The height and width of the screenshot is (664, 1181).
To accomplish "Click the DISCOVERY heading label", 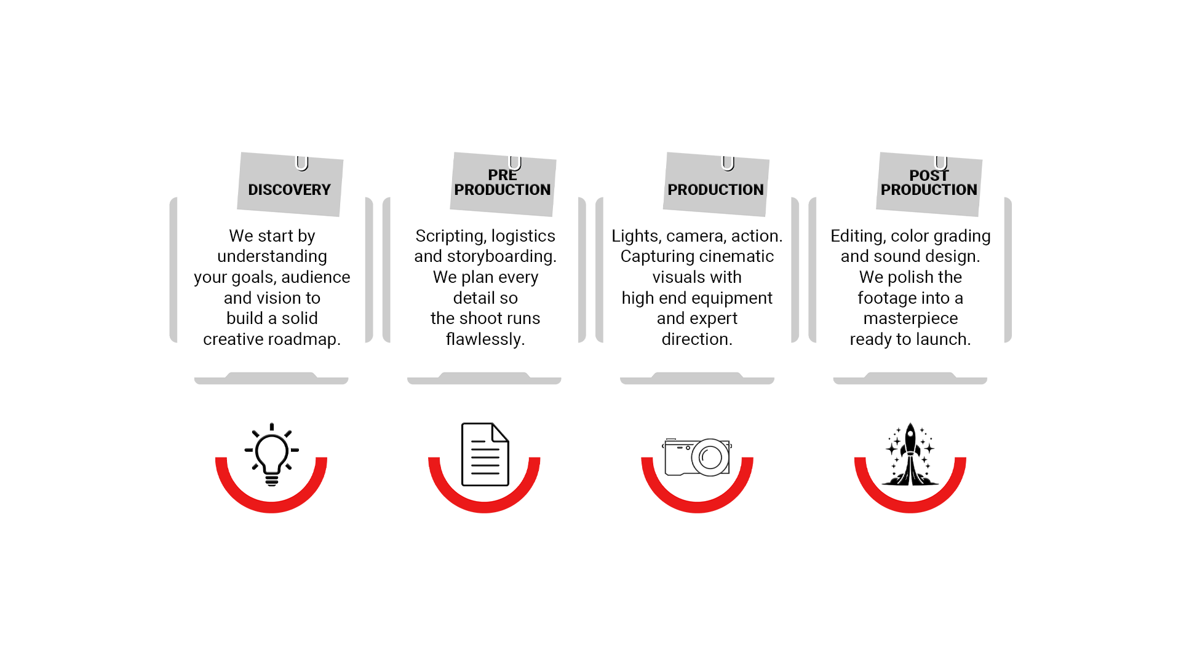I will pos(289,190).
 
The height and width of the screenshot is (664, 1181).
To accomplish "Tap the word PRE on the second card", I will pos(502,176).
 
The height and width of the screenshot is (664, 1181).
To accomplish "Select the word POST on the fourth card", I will pos(928,176).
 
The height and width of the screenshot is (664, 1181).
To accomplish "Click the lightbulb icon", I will pos(271,454).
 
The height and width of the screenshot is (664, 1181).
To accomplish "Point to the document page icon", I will pos(485,454).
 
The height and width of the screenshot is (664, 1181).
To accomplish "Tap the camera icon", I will pos(697,457).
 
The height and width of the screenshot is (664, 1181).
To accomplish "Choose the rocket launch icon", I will pos(910,454).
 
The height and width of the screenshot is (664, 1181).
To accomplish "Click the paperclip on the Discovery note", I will pos(301,161).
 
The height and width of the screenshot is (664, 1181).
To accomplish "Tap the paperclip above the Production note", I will pos(728,161).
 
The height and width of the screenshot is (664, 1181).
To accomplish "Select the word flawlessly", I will pos(485,339).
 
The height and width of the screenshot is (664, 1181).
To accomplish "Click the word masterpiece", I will pos(910,318).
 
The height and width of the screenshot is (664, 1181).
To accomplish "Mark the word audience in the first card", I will pos(316,277).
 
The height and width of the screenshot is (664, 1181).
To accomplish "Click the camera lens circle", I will pos(710,457).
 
